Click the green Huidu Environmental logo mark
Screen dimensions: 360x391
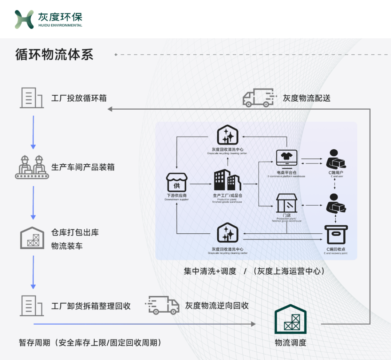(x=24, y=19)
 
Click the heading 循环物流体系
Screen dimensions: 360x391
(x=54, y=54)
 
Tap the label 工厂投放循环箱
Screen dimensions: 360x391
(x=79, y=98)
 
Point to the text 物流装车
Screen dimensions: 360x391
(x=67, y=246)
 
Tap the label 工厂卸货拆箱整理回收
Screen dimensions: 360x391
(x=91, y=306)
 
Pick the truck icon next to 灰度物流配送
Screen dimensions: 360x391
(x=258, y=97)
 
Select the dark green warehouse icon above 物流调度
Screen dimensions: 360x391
(x=290, y=319)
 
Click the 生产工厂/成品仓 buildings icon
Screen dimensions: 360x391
(x=227, y=180)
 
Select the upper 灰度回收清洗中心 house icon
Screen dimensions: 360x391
(x=228, y=135)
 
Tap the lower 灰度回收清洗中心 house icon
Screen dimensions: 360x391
(x=228, y=233)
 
